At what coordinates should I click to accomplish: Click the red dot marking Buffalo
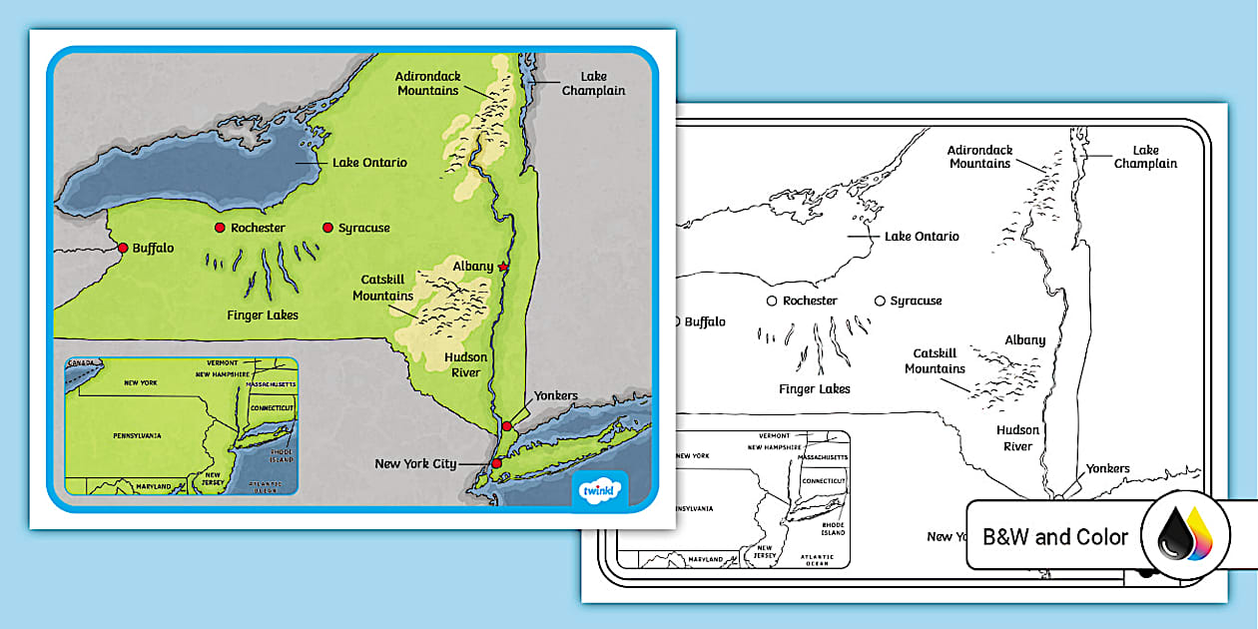123,248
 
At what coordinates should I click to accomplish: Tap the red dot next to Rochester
220,228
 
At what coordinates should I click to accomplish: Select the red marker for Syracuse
327,228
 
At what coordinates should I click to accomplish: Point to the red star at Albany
503,268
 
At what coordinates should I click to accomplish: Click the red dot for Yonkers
507,426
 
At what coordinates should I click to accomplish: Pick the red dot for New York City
496,463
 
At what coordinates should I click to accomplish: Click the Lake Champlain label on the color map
593,84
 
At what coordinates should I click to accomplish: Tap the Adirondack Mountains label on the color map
427,83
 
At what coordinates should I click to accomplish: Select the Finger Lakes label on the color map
263,314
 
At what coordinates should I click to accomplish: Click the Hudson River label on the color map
465,364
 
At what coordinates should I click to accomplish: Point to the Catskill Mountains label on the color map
383,289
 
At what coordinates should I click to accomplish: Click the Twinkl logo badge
600,490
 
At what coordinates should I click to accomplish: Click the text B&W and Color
1055,537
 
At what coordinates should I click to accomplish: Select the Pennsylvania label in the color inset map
137,436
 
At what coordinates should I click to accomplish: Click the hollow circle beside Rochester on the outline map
771,301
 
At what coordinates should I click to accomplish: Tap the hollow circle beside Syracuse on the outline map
880,301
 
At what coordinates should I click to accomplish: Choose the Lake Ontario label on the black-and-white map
922,237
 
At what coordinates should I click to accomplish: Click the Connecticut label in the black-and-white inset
825,481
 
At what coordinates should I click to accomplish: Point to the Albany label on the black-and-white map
1024,340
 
